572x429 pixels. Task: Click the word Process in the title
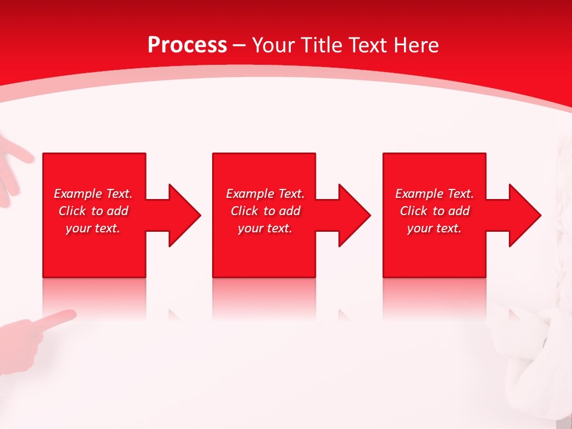187,45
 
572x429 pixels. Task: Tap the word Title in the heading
321,45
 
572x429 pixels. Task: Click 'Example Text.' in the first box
93,194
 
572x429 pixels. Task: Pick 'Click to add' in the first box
93,211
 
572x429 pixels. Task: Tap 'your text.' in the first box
93,228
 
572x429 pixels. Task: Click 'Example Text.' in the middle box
265,194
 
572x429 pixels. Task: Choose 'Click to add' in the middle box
265,211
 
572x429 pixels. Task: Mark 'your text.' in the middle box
265,228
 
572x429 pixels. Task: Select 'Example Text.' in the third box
434,194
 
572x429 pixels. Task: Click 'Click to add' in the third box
434,211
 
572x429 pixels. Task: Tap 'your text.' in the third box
434,228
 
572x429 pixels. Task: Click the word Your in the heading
274,45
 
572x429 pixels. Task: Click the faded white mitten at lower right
524,340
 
